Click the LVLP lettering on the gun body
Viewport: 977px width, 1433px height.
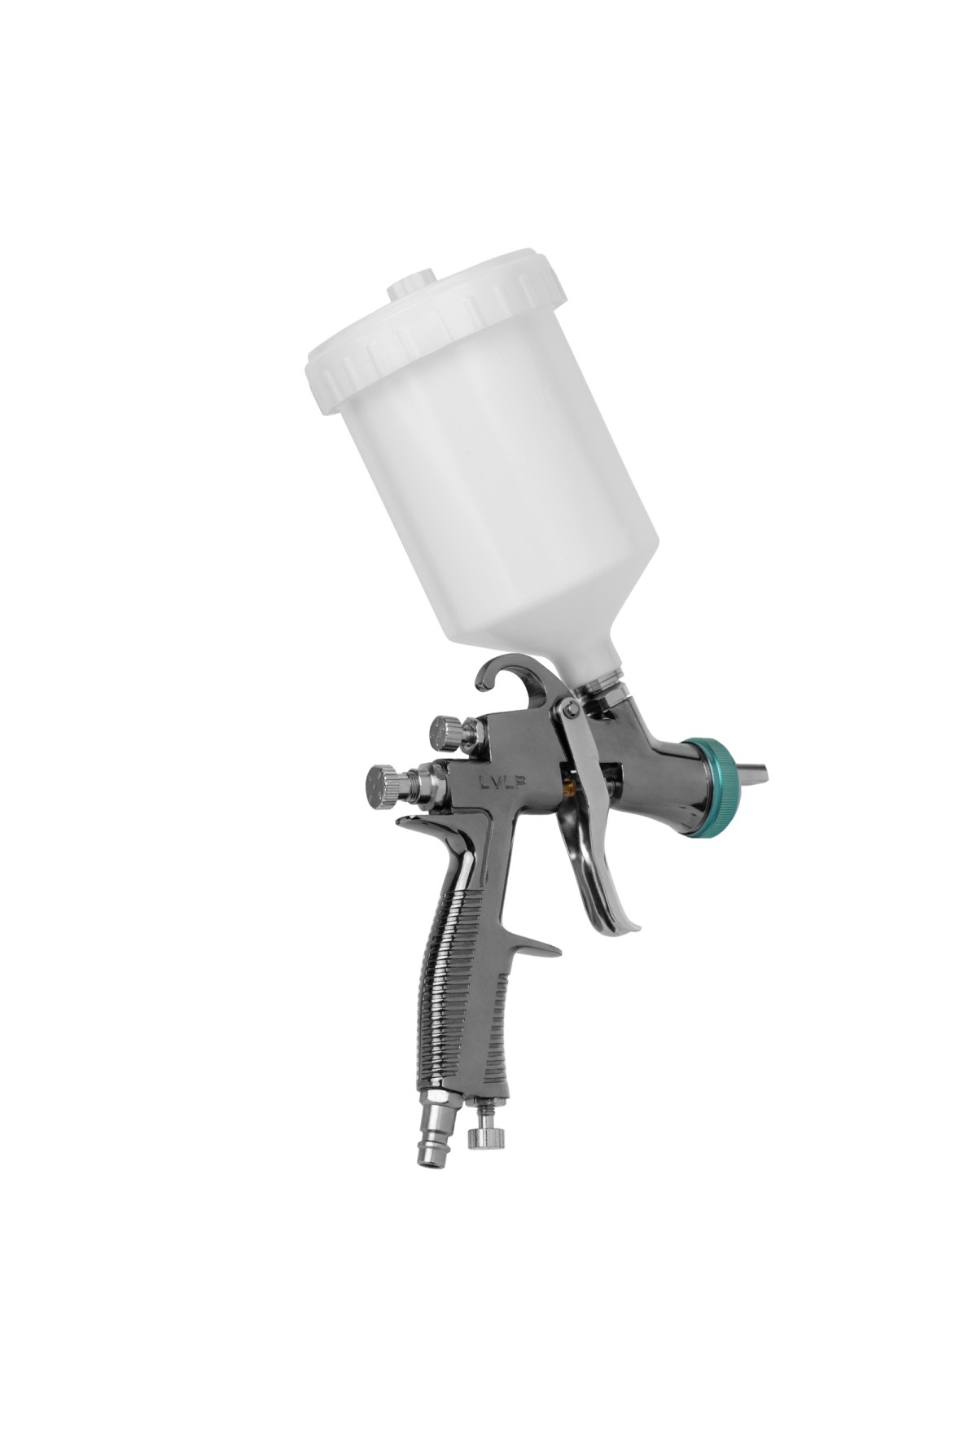[502, 781]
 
